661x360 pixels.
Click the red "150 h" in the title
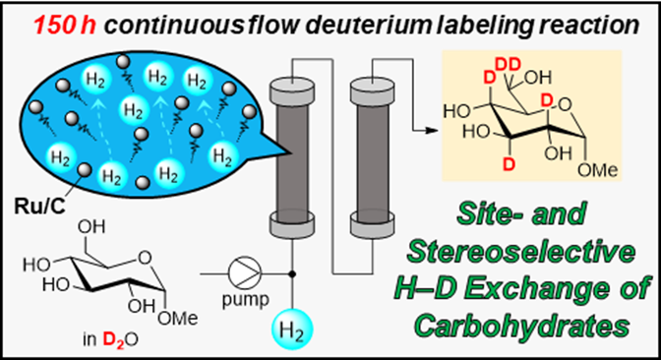tap(65, 26)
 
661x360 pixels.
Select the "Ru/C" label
tap(39, 207)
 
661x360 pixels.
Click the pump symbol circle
tap(245, 273)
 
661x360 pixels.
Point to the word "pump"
tap(245, 301)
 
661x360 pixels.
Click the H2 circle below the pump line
tap(292, 330)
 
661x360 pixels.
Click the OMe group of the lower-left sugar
tap(178, 318)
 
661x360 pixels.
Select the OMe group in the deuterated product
tap(598, 170)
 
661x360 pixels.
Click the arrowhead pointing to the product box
tap(432, 130)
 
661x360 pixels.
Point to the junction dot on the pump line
tap(292, 274)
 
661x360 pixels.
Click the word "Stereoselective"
tap(521, 251)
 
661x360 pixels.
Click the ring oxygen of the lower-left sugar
tap(145, 257)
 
